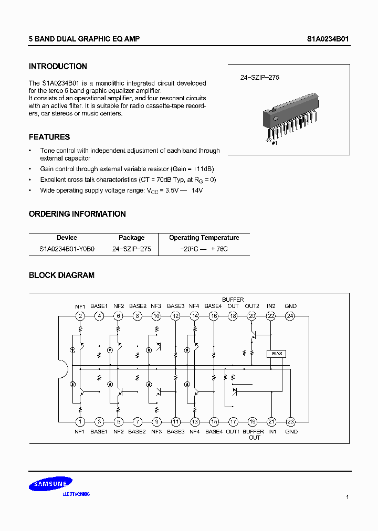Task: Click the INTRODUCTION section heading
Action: [58, 67]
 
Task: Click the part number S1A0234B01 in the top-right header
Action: [328, 39]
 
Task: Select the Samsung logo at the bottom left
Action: [50, 485]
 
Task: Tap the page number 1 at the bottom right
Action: [348, 496]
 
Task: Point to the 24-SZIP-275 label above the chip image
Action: [260, 77]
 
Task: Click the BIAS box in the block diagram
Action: [277, 354]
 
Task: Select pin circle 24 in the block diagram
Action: [290, 316]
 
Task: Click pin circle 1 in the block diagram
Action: [80, 421]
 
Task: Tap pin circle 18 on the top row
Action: [233, 316]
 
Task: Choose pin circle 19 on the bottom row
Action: [253, 421]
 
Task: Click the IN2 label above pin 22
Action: [271, 306]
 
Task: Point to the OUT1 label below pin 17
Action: [233, 431]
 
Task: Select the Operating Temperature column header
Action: [204, 238]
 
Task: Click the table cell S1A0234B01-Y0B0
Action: [67, 249]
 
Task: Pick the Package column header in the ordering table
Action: [131, 238]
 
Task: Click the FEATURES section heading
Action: [49, 137]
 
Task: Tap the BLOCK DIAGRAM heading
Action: [61, 275]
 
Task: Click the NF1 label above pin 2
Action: [80, 306]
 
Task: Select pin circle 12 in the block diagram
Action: [175, 316]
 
